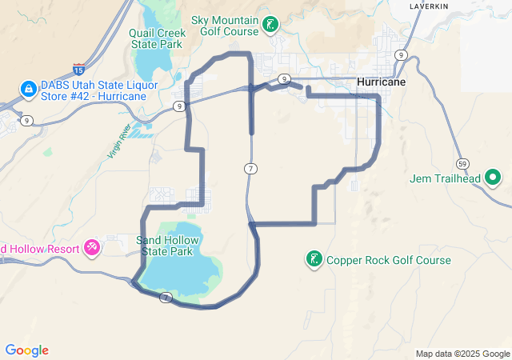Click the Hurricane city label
click(x=382, y=82)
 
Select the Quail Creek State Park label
click(x=157, y=39)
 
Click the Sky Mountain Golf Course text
click(x=225, y=25)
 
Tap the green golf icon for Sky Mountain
click(x=272, y=25)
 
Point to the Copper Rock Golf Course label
click(x=389, y=260)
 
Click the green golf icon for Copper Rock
click(x=314, y=259)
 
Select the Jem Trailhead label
click(x=444, y=178)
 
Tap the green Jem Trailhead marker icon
click(x=493, y=178)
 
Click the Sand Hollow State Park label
click(x=167, y=246)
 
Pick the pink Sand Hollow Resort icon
click(x=92, y=248)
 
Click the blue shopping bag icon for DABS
click(x=27, y=87)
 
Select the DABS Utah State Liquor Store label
click(x=93, y=90)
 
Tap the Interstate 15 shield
click(x=78, y=69)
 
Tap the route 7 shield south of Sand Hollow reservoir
click(x=165, y=298)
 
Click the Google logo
click(x=26, y=350)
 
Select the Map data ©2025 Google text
click(x=462, y=354)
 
